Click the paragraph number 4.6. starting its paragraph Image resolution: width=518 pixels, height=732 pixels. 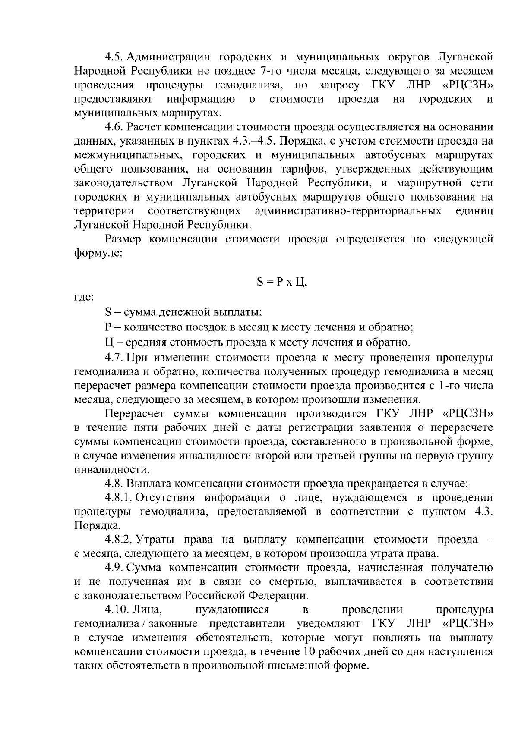[x=114, y=127]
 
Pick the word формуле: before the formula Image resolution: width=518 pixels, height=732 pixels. [x=99, y=253]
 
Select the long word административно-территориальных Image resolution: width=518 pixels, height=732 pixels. [x=348, y=211]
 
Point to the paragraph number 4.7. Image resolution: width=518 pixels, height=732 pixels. [x=114, y=358]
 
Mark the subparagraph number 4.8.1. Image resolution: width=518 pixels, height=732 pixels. [x=118, y=498]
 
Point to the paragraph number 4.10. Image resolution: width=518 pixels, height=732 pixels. [x=117, y=610]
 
